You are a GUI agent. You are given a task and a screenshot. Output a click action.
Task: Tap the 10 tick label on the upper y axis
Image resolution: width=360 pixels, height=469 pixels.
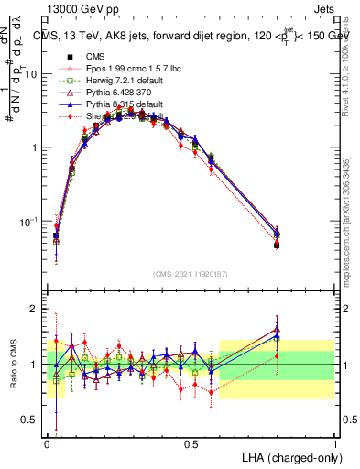31,74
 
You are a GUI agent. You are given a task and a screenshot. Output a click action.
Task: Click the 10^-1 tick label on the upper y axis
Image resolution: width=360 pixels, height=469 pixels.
27,222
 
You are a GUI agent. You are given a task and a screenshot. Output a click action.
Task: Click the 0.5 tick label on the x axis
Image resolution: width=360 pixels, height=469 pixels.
191,443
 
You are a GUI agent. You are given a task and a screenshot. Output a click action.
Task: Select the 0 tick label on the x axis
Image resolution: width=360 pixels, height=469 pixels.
47,443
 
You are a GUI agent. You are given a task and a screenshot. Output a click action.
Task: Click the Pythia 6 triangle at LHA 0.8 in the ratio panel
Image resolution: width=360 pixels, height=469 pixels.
278,329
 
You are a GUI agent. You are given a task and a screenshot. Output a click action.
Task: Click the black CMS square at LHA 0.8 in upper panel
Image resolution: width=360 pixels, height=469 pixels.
278,245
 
